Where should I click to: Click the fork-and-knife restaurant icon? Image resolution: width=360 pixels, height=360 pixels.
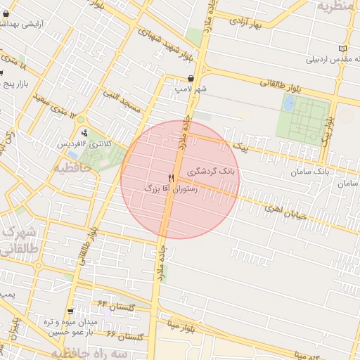171,179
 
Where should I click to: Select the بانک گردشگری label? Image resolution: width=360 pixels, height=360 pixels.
214,171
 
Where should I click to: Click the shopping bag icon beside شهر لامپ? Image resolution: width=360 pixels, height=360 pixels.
191,79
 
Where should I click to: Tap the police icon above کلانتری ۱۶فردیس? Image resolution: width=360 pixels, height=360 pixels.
85,133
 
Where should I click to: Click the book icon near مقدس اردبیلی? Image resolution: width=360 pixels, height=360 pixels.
342,49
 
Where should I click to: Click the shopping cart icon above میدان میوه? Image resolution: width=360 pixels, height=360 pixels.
71,311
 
